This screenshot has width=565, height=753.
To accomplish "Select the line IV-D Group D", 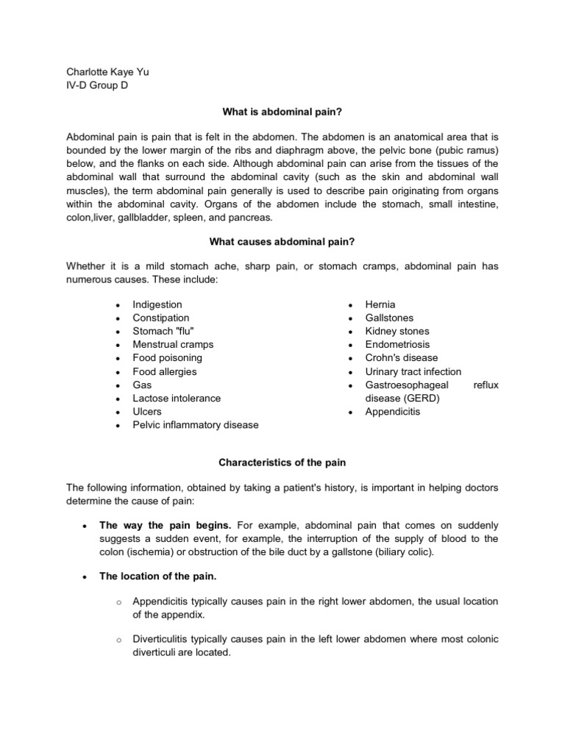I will (96, 85).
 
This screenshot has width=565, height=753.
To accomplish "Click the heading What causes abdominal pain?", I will (282, 240).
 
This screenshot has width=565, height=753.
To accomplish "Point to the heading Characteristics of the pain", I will (282, 463).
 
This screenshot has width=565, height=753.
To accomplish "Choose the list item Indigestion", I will (157, 304).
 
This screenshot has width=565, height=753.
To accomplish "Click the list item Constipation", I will (160, 318).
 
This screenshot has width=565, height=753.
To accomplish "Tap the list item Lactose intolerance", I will (177, 398).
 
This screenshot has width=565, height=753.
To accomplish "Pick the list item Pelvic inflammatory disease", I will (195, 425).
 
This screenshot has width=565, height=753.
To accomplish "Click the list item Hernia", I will (380, 304).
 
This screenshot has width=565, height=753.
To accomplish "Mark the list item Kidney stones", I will (397, 331).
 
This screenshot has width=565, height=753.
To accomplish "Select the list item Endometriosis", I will (397, 344).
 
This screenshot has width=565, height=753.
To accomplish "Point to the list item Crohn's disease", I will (401, 358).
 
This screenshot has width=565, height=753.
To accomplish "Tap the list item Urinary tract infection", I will (413, 371).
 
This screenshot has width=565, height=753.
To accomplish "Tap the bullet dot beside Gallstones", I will (351, 318).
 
